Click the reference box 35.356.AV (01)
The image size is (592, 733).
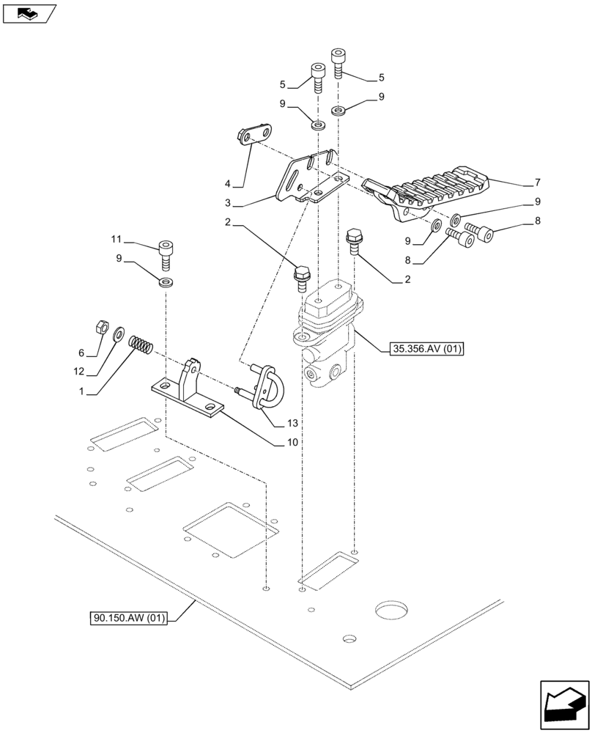click(x=427, y=349)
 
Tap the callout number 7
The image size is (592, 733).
click(x=538, y=182)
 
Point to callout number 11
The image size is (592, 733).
click(x=115, y=239)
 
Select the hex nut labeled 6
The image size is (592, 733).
click(x=103, y=325)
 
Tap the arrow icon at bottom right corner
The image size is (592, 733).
click(x=563, y=705)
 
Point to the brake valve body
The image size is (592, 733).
click(x=330, y=337)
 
